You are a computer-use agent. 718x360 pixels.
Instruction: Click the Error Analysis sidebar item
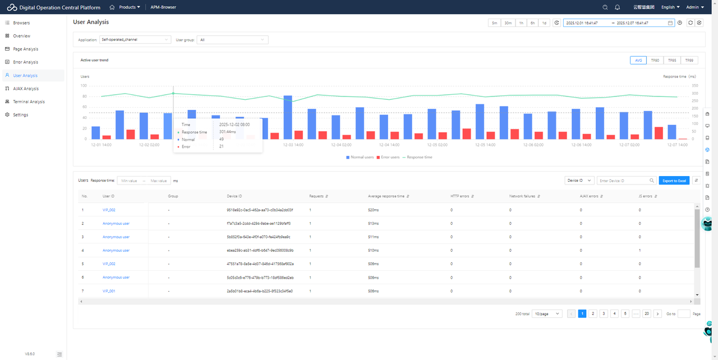[x=25, y=62]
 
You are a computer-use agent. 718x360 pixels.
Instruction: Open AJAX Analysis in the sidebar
[x=26, y=89]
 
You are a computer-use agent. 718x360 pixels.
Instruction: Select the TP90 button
[x=655, y=60]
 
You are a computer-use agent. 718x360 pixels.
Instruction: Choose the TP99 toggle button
[x=689, y=60]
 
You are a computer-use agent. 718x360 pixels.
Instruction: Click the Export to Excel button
[x=674, y=181]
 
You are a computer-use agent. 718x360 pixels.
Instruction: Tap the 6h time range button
[x=532, y=23]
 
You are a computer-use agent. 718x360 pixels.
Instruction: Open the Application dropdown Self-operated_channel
[x=135, y=40]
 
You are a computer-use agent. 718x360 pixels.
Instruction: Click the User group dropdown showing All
[x=232, y=40]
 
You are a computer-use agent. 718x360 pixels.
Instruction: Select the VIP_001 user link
[x=109, y=291]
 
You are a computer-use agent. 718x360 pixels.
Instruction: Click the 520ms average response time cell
[x=373, y=210]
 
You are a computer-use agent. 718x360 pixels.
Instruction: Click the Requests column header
[x=316, y=196]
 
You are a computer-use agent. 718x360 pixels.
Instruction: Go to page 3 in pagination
[x=604, y=314]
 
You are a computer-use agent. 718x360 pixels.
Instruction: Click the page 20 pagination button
[x=647, y=314]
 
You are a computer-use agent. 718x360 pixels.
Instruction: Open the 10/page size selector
[x=547, y=314]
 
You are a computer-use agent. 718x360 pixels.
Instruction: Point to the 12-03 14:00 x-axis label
[x=293, y=145]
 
